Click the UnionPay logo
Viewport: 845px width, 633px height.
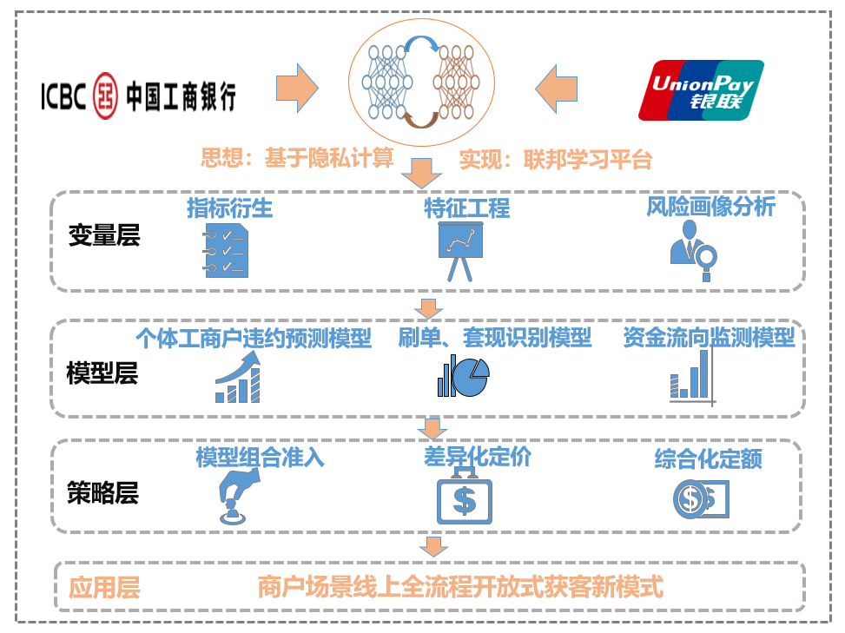(701, 89)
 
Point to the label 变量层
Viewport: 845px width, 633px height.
(103, 236)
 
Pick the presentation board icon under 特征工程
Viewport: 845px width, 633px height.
(459, 248)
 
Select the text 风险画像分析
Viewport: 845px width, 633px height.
(710, 207)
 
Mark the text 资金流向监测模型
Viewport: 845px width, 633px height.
(709, 338)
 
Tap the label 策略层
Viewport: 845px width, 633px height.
(102, 493)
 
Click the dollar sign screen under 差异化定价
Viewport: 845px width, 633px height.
(465, 498)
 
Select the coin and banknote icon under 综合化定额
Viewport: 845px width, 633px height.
(700, 498)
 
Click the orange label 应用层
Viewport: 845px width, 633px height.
(103, 588)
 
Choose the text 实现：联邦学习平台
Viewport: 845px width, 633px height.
(555, 160)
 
